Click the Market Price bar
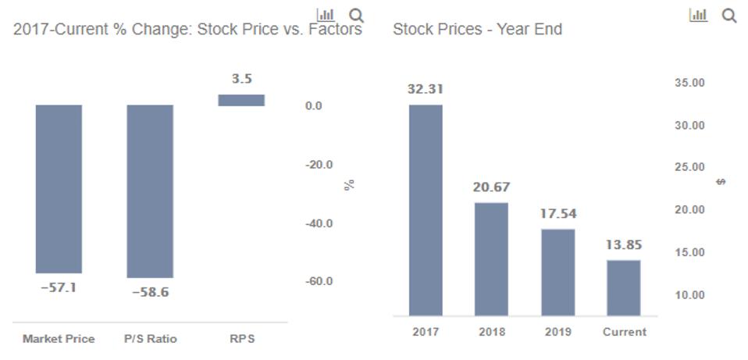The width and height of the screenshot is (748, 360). pyautogui.click(x=59, y=188)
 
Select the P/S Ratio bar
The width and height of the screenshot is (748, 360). pyautogui.click(x=150, y=191)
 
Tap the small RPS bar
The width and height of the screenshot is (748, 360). pyautogui.click(x=241, y=100)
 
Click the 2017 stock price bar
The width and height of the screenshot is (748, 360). pyautogui.click(x=426, y=209)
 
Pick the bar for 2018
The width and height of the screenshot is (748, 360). pyautogui.click(x=491, y=258)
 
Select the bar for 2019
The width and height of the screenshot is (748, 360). pyautogui.click(x=558, y=272)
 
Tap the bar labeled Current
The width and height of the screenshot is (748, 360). pyautogui.click(x=624, y=287)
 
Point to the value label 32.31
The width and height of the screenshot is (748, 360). pyautogui.click(x=426, y=89)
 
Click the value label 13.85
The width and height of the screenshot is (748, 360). pyautogui.click(x=624, y=245)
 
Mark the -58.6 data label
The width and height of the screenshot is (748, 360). pyautogui.click(x=150, y=292)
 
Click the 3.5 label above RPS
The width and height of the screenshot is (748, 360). pyautogui.click(x=241, y=79)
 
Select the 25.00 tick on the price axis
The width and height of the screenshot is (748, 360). pyautogui.click(x=689, y=167)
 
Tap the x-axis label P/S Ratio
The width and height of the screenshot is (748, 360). pyautogui.click(x=150, y=339)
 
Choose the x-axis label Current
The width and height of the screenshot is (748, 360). pyautogui.click(x=624, y=332)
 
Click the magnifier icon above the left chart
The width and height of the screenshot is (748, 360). pyautogui.click(x=356, y=15)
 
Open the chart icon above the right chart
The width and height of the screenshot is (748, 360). pyautogui.click(x=698, y=15)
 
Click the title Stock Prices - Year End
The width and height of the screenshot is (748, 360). pyautogui.click(x=477, y=30)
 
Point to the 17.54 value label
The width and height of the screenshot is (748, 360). pyautogui.click(x=558, y=213)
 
